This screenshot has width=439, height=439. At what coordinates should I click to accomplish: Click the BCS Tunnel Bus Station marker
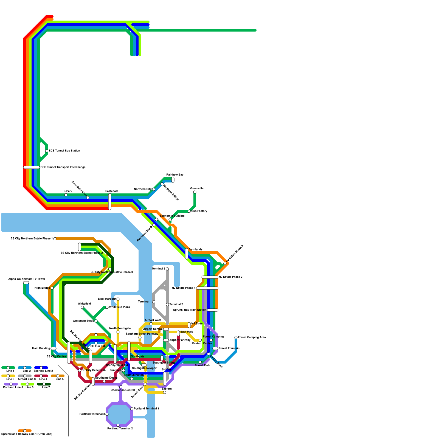coord(47,151)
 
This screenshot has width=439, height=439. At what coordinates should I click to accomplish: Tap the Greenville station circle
coord(195,192)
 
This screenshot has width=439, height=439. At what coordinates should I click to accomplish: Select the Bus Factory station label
coord(199,211)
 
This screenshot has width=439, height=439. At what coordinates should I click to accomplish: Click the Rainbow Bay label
coord(175,175)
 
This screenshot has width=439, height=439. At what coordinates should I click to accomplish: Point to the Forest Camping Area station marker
coord(236,337)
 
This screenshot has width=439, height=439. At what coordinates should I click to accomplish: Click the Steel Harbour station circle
coord(118,299)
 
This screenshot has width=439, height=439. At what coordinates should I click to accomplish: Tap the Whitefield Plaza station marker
coord(107,307)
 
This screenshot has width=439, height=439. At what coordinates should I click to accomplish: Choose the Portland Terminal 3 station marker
coord(107,414)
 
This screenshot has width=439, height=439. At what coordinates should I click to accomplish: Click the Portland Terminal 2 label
coord(120,429)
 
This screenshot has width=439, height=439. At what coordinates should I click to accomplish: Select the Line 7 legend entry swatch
coord(44,384)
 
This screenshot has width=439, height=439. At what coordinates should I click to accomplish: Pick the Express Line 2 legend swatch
coord(41,368)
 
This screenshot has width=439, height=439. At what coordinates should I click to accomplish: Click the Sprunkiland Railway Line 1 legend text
coord(27,434)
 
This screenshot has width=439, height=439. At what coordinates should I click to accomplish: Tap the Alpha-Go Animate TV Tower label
coord(27,279)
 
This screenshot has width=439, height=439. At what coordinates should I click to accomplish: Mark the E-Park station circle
coord(66,195)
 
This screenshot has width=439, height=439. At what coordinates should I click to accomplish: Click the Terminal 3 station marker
coord(167,269)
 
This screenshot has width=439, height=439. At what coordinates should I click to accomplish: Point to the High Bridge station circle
coord(52,288)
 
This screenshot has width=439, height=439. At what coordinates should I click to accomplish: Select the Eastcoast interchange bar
coord(110,202)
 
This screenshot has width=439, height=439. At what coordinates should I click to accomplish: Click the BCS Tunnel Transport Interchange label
coord(63,167)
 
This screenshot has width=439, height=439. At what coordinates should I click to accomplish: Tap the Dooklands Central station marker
coord(121,387)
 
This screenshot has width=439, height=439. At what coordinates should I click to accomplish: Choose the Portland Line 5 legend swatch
coord(11,384)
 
